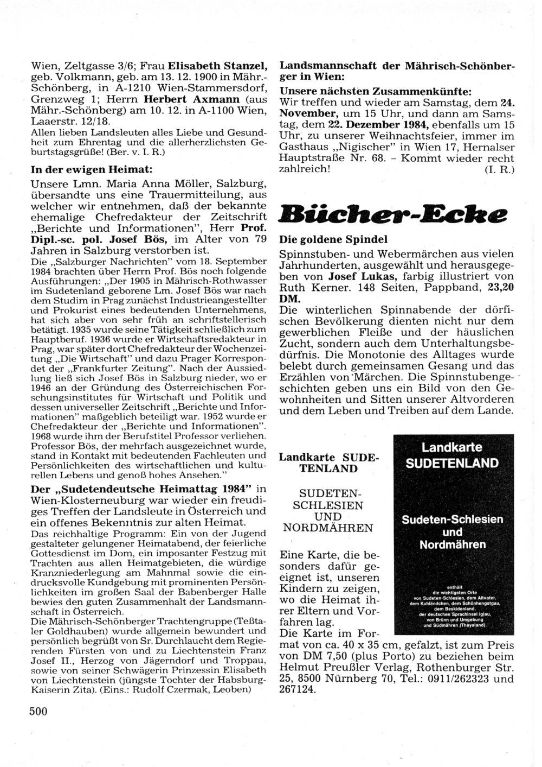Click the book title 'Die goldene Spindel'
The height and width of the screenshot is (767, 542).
(333, 239)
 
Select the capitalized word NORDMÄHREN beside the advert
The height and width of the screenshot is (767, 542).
(328, 528)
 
